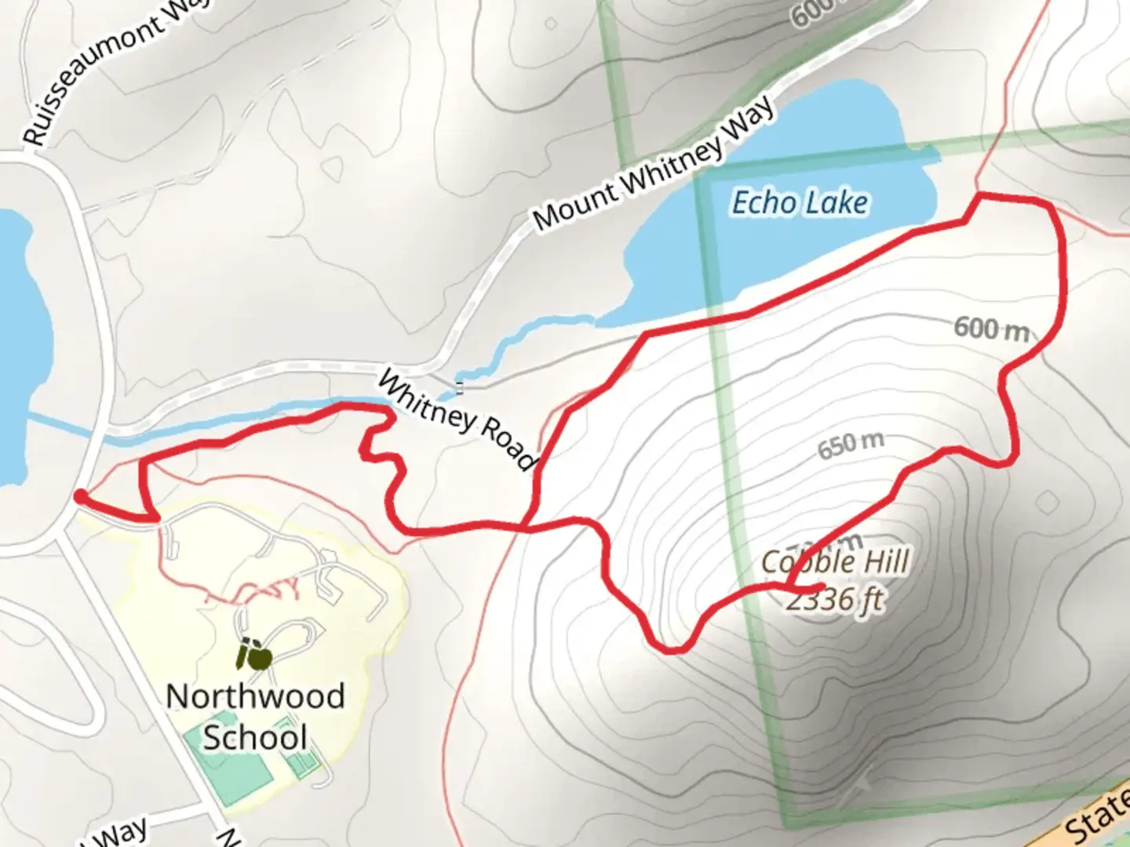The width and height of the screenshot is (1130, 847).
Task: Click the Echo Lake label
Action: [800, 203]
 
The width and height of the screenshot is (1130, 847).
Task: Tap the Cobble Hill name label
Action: [835, 562]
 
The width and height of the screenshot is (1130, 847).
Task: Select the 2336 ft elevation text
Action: [835, 601]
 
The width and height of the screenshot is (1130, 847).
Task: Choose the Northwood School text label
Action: [255, 717]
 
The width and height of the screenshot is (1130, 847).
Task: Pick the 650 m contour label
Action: [851, 445]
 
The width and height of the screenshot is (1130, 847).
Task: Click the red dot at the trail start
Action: [80, 496]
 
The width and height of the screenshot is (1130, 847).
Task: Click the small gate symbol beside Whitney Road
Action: [460, 386]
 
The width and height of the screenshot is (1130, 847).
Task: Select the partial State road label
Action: [1099, 820]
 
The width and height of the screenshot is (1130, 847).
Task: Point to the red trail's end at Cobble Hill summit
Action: [821, 586]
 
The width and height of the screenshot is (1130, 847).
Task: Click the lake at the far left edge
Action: [16, 345]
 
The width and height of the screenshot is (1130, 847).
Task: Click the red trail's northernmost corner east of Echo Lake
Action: [979, 194]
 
